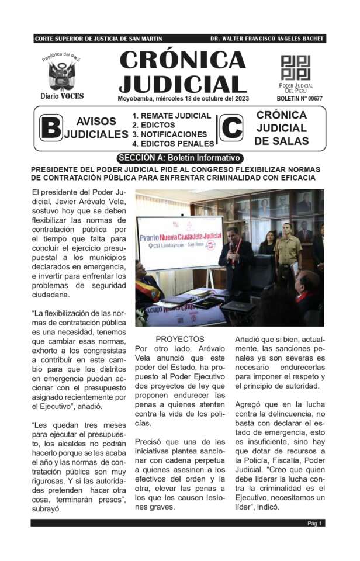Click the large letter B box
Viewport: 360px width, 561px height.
[x=51, y=128]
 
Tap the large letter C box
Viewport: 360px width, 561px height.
[x=231, y=128]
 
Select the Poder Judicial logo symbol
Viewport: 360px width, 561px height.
[x=296, y=68]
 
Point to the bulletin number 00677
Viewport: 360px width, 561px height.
[x=299, y=98]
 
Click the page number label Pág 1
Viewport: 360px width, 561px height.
[x=316, y=523]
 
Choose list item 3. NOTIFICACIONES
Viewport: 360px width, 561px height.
[x=169, y=134]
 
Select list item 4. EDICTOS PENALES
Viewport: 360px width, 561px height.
[x=173, y=143]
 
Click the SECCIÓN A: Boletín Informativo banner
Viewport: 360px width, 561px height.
[x=179, y=158]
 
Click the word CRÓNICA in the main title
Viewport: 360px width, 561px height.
[x=182, y=60]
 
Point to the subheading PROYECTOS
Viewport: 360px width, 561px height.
[x=180, y=339]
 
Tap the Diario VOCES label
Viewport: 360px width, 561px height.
[x=62, y=96]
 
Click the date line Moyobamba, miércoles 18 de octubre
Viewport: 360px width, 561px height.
[x=184, y=98]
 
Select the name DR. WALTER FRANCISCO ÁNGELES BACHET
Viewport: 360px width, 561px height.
[x=266, y=39]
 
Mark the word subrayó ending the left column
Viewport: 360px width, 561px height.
[x=49, y=508]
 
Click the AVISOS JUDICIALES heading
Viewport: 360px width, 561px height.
[x=96, y=128]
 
